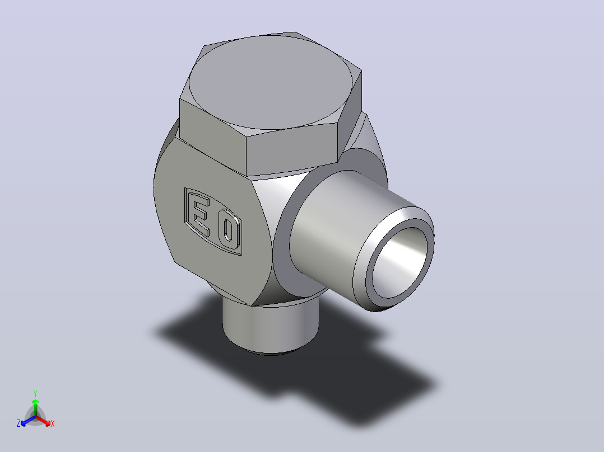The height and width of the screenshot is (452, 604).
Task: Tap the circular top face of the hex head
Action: point(271,82)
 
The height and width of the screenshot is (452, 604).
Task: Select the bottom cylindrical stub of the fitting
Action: point(271,327)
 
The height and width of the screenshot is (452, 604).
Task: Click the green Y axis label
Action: point(35,393)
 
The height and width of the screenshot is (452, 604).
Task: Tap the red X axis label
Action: point(53,423)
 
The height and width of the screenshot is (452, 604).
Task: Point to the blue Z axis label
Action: point(18,423)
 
